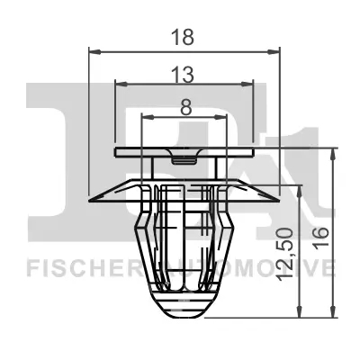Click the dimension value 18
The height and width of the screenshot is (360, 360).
point(185,38)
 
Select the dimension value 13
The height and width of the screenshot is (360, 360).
point(185,71)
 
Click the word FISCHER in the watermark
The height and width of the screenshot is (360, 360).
point(70,268)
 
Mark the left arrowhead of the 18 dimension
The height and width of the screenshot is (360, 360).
point(93,52)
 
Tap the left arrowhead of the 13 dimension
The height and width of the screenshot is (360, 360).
point(120,84)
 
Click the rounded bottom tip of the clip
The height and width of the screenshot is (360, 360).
point(184,315)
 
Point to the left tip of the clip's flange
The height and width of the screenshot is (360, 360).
point(88,199)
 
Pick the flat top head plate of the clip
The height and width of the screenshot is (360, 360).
point(184,150)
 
